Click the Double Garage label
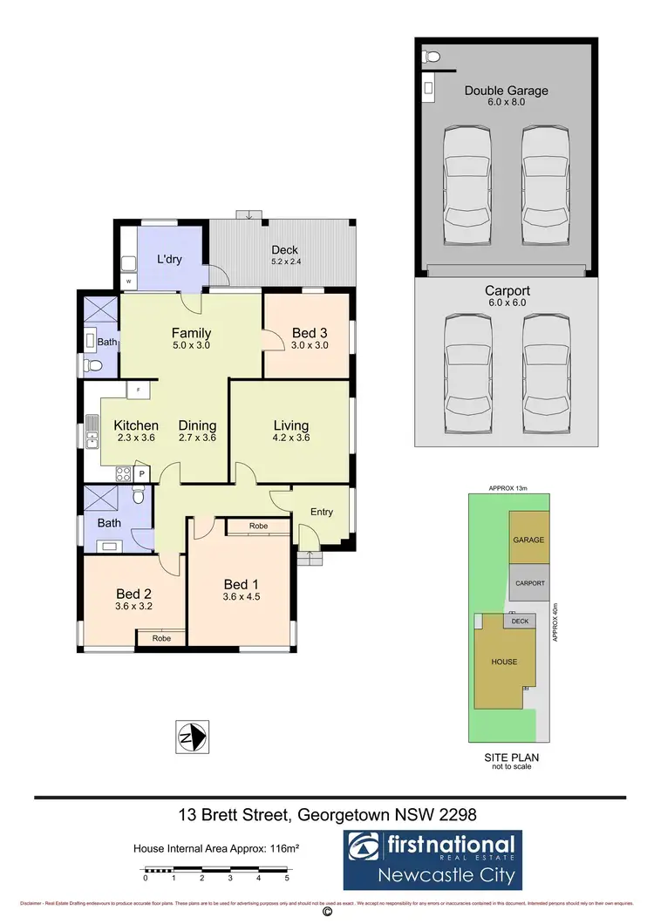506,90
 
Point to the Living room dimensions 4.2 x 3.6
291,438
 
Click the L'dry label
169,260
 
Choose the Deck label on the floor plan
285,250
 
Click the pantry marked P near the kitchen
140,473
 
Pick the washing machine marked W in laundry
129,282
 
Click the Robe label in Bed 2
161,638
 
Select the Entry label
322,512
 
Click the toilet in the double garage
430,57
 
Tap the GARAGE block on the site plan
528,540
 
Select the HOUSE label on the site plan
504,662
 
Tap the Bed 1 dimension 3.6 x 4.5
241,597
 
